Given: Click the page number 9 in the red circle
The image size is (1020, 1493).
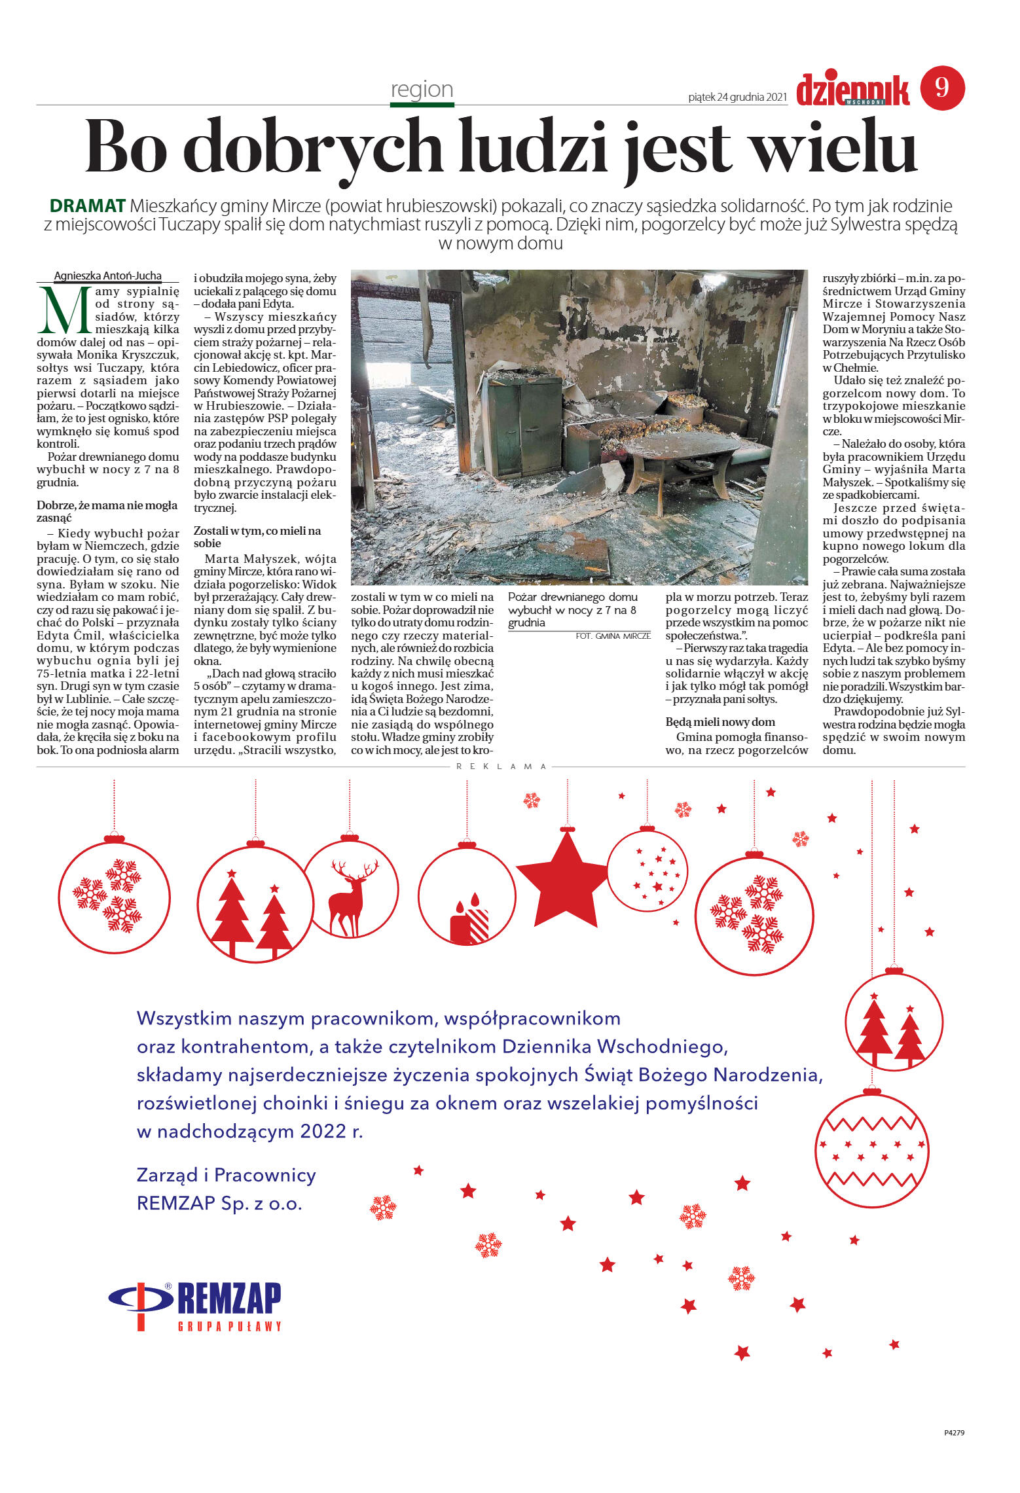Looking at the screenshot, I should tap(942, 88).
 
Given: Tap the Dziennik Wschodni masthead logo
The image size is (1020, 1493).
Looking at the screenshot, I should tap(852, 90).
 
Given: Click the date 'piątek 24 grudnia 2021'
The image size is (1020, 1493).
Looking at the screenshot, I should tap(737, 97).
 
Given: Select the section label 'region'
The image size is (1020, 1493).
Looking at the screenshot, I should tap(422, 89).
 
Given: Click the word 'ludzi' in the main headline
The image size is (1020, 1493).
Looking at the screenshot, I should tap(533, 146).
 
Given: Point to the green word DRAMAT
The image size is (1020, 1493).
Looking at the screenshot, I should tap(87, 206).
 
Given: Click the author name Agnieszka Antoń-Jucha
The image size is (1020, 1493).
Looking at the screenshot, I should tap(107, 276).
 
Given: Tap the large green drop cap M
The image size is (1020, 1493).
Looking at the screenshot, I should tap(64, 311).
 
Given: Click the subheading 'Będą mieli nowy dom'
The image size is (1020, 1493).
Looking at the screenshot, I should tap(720, 722).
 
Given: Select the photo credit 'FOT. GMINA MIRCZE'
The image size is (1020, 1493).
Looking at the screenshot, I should tap(613, 636).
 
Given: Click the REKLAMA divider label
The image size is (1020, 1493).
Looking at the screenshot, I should tap(501, 766).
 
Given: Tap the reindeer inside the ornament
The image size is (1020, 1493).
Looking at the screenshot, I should tap(352, 897).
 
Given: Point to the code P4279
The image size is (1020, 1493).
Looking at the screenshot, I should tap(954, 1451).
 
